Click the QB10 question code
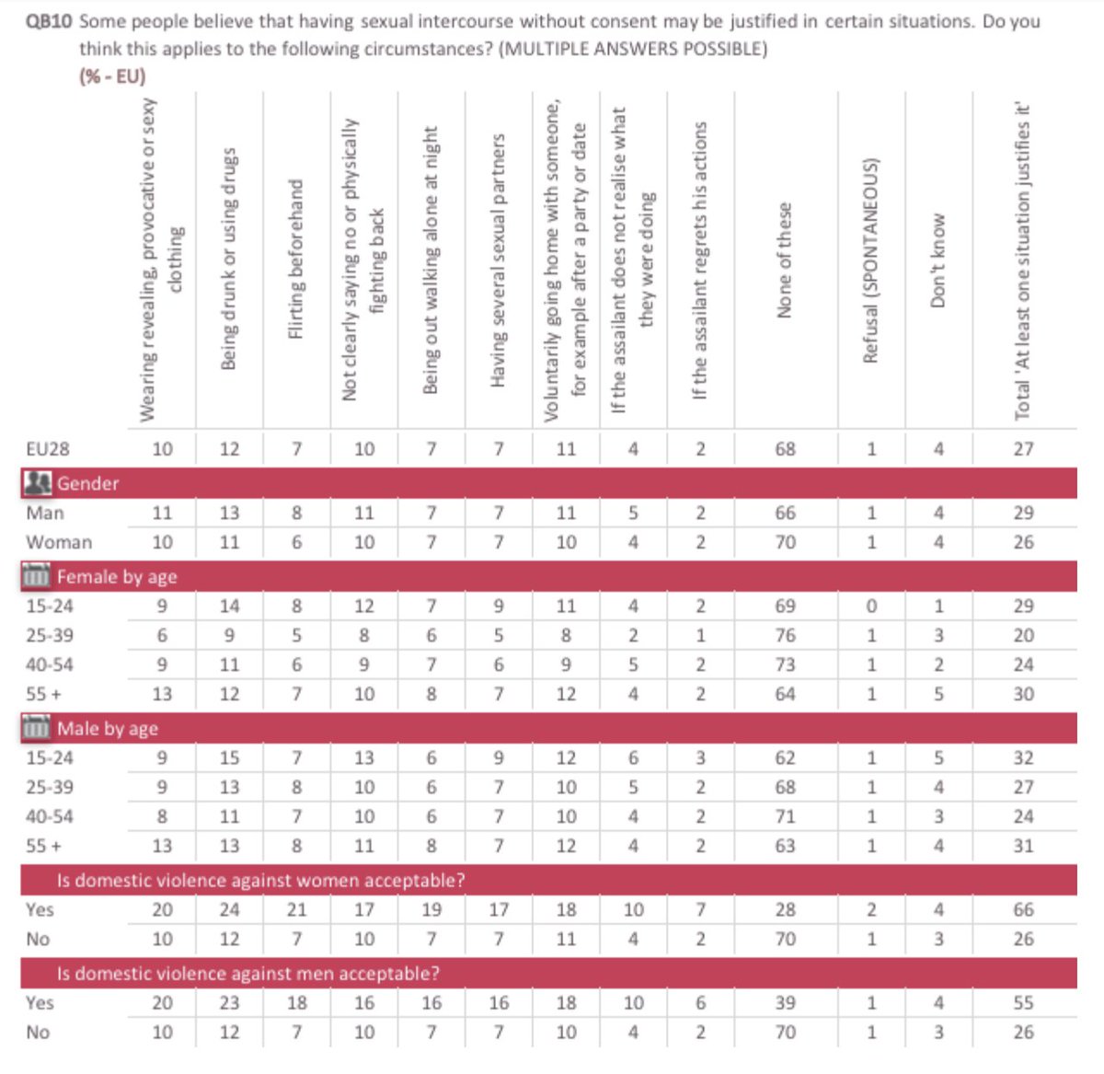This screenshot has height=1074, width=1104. click(x=49, y=20)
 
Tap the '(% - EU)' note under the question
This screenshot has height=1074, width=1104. click(x=112, y=76)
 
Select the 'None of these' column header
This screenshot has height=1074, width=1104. click(x=784, y=260)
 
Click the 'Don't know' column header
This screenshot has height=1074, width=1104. click(x=937, y=260)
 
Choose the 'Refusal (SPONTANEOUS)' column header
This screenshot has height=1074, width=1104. click(x=870, y=260)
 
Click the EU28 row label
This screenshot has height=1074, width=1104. click(x=48, y=449)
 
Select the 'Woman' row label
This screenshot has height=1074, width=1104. click(x=59, y=542)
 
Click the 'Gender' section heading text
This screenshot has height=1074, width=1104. click(x=87, y=483)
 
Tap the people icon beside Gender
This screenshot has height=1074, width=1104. click(x=38, y=483)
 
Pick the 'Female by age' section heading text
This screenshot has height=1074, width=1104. click(x=117, y=577)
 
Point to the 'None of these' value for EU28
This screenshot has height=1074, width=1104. click(x=785, y=449)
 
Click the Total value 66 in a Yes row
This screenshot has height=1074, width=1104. click(x=1023, y=909)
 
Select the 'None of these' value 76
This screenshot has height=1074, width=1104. click(x=785, y=635)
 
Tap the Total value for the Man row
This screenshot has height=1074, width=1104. click(x=1023, y=513)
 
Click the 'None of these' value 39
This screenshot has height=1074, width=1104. click(x=785, y=1003)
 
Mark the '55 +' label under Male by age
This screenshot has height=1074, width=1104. click(x=43, y=846)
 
